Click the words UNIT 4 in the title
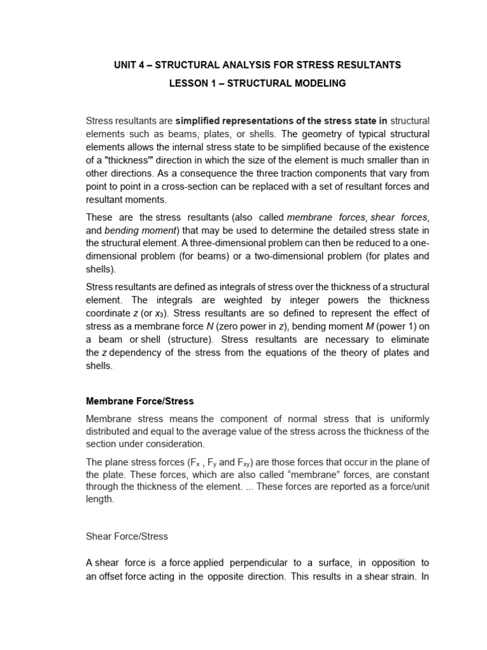(131, 65)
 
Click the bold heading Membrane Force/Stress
(140, 401)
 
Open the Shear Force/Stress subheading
(127, 536)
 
